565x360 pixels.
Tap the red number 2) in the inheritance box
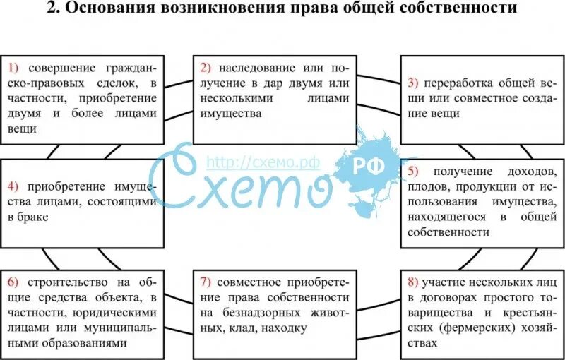[x=206, y=69]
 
